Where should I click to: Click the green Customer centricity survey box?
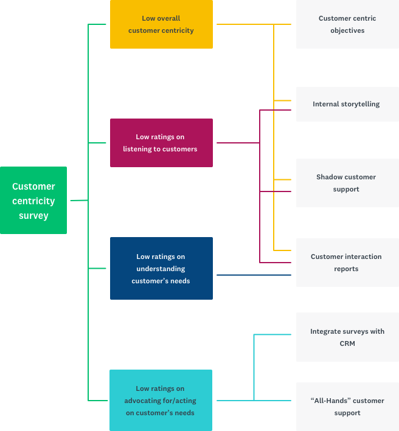coord(33,201)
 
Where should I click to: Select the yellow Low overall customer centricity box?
coord(161,24)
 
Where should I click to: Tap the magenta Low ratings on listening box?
coord(161,143)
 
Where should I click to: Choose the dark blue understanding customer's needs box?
coord(161,269)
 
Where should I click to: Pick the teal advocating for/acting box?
coord(161,401)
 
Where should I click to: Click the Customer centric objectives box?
coord(347,24)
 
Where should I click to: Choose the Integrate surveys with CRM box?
coord(347,337)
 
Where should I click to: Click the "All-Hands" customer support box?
coord(347,407)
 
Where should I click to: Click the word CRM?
coord(347,344)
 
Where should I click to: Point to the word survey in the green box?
coord(33,216)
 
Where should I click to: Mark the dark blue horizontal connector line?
coord(254,275)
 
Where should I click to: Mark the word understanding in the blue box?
coord(161,269)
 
